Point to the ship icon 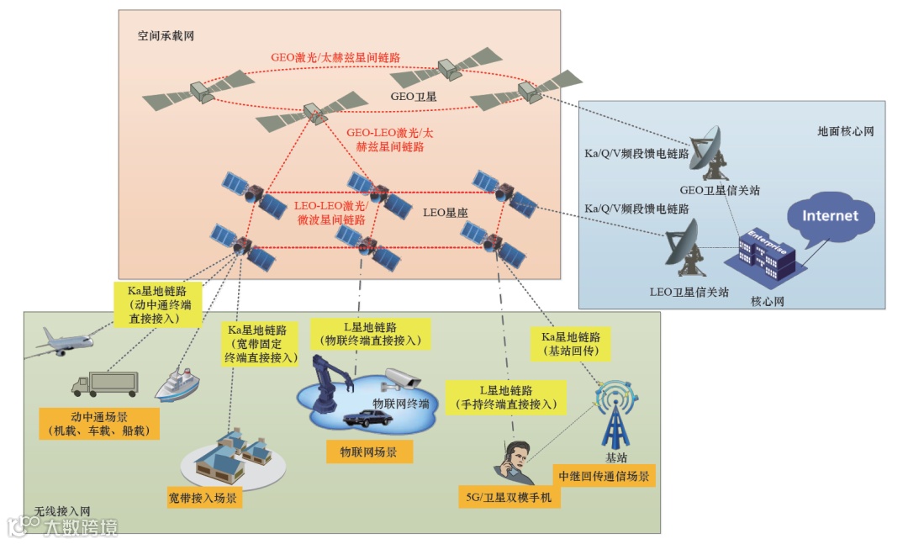[177, 383]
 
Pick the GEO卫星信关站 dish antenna [710, 152]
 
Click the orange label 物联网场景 [369, 452]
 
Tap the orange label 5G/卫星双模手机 [509, 497]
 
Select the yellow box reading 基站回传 [571, 342]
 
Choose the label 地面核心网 [846, 132]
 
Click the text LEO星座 [445, 214]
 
